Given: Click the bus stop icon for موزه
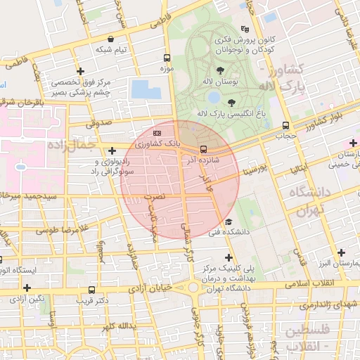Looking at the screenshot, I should click(x=167, y=58).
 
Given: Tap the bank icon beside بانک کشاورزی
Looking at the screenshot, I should click(x=157, y=132).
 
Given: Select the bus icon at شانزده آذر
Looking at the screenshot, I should click(x=203, y=149).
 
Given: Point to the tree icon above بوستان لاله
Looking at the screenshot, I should click(x=221, y=70).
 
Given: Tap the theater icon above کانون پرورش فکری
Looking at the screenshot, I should click(x=245, y=29).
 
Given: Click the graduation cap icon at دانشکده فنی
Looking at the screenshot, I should click(x=228, y=222).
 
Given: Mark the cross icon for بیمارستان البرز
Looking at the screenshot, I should click(x=342, y=252).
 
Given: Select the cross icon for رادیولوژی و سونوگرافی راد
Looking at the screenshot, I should click(x=112, y=150).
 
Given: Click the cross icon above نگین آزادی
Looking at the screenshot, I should click(x=27, y=288).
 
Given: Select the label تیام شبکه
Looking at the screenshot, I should click(x=112, y=50).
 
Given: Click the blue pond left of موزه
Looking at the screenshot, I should click(x=146, y=89).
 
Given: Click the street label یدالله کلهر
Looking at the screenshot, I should click(x=117, y=327).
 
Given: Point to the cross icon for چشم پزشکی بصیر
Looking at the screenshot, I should click(x=81, y=72).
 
